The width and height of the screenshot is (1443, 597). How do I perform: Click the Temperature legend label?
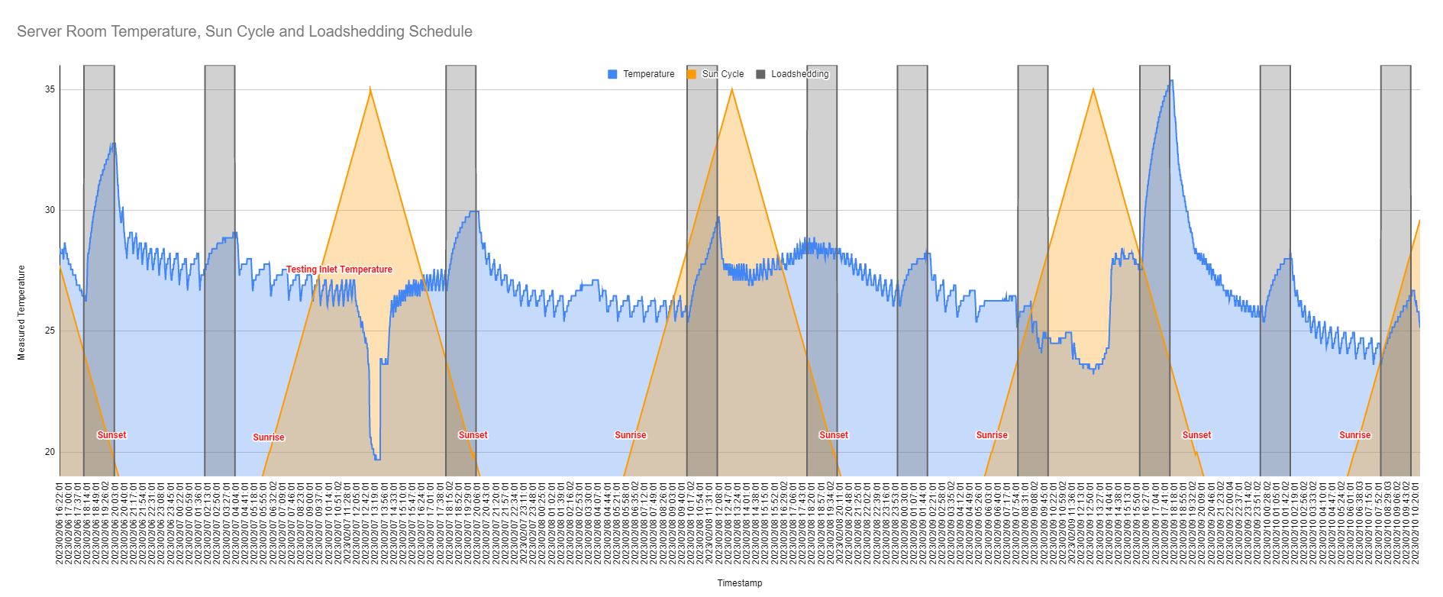tap(648, 74)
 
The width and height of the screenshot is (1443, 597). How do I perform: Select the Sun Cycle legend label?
tap(722, 74)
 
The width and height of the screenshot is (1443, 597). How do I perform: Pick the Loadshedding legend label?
tap(799, 74)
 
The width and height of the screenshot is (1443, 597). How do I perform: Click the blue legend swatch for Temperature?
tap(612, 74)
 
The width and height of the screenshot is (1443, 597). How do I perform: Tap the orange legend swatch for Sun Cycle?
tap(692, 74)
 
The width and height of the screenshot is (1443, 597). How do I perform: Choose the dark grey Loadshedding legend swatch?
tap(760, 74)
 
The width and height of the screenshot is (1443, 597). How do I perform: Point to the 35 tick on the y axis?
tap(50, 89)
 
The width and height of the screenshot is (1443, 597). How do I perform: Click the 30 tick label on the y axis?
tap(50, 210)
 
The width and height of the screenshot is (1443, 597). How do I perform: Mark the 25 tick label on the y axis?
tap(50, 331)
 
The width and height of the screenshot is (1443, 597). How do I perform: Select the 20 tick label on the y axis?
tap(50, 451)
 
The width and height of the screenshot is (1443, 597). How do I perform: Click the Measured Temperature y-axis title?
tap(21, 312)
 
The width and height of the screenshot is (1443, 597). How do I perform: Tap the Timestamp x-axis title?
tap(739, 583)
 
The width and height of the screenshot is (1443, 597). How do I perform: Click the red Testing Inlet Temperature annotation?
tap(339, 269)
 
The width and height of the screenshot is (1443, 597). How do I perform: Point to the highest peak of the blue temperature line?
tap(1171, 80)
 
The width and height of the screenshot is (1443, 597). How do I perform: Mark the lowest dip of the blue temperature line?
tap(377, 459)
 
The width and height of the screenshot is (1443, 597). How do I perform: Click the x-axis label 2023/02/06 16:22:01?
tap(60, 522)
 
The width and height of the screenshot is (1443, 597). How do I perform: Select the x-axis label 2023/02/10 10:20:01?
tap(1416, 522)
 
